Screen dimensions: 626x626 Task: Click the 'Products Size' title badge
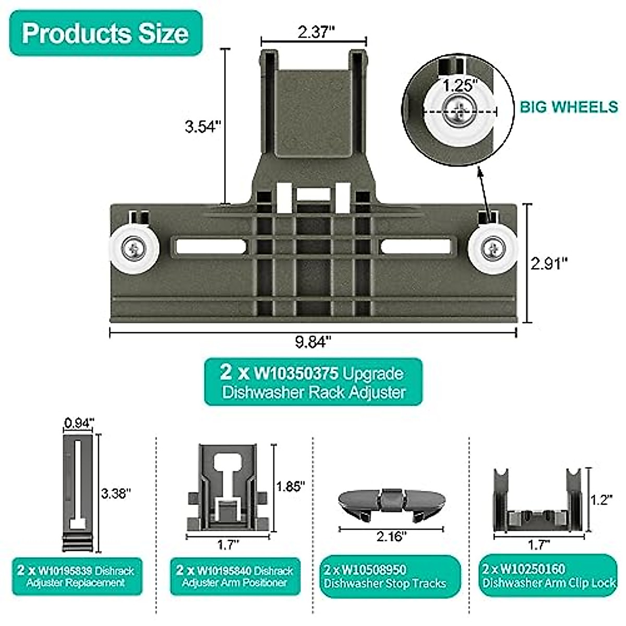pyautogui.click(x=105, y=33)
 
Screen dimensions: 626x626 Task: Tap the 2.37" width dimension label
pyautogui.click(x=315, y=32)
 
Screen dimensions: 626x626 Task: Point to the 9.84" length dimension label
pyautogui.click(x=313, y=343)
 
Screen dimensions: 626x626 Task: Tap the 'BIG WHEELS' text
pyautogui.click(x=569, y=107)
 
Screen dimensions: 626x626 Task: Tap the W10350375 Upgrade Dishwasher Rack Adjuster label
pyautogui.click(x=313, y=382)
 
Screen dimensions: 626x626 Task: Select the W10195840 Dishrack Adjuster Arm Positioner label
pyautogui.click(x=235, y=576)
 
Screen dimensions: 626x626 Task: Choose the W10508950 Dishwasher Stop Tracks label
pyautogui.click(x=390, y=576)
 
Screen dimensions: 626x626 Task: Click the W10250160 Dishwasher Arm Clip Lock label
pyautogui.click(x=548, y=575)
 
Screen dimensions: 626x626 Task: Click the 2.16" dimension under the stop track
pyautogui.click(x=391, y=536)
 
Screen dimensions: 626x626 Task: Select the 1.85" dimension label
pyautogui.click(x=290, y=486)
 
